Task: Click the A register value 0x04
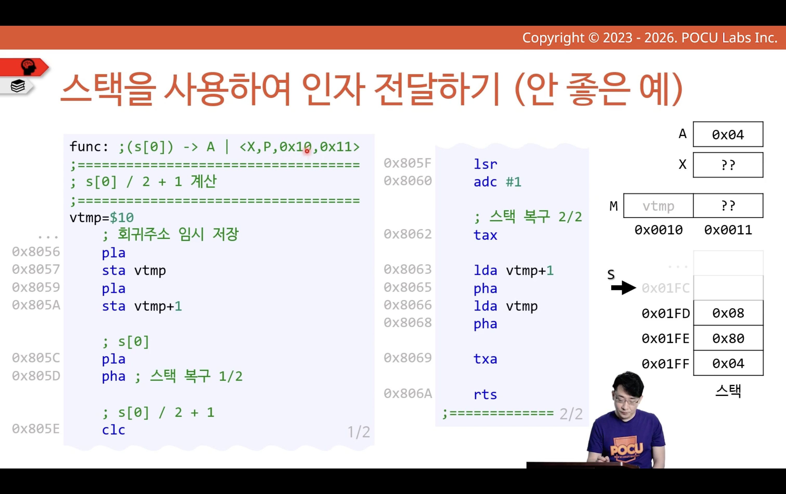(x=728, y=135)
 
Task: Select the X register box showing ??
(x=728, y=165)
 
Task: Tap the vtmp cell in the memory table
(x=658, y=206)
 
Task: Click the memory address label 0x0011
(x=728, y=230)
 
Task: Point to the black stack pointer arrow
(x=624, y=288)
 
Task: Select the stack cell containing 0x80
(x=728, y=338)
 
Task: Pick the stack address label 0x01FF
(x=666, y=364)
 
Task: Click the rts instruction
(x=485, y=394)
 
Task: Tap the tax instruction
(x=485, y=235)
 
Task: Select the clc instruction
(x=113, y=430)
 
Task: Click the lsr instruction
(x=485, y=164)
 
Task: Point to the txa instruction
(x=485, y=359)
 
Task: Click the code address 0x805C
(x=36, y=358)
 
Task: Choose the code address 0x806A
(x=408, y=393)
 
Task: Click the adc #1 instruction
(x=497, y=182)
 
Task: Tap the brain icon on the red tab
(x=28, y=67)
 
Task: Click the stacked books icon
(x=18, y=86)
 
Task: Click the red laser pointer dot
(x=307, y=151)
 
